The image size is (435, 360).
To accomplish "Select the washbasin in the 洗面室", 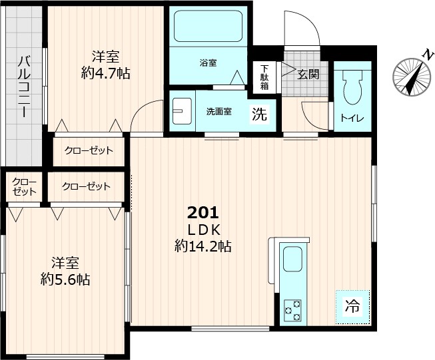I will [x=180, y=110].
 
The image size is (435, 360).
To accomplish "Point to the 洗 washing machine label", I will [x=259, y=114].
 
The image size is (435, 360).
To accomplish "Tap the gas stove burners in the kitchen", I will [x=292, y=309].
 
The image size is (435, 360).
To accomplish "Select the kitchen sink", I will [x=292, y=259].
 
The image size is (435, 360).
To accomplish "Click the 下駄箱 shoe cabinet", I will [x=264, y=77].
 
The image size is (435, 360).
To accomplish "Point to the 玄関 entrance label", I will [x=308, y=73].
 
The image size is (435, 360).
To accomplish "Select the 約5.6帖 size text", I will [x=65, y=279].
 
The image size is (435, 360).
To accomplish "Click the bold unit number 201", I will [x=203, y=213].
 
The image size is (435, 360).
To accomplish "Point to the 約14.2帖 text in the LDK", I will [x=203, y=246].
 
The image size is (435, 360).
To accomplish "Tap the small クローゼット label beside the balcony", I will [x=24, y=187].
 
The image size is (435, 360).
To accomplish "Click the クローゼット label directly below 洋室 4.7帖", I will [x=89, y=150].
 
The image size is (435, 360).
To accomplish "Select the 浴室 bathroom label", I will [x=207, y=64].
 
